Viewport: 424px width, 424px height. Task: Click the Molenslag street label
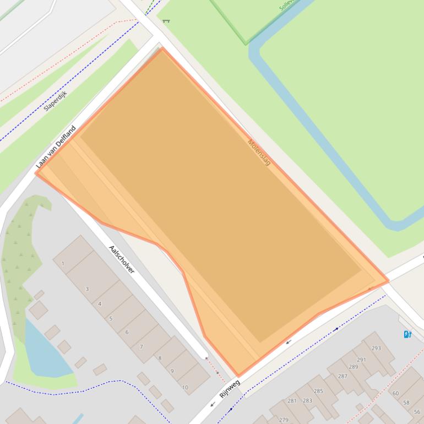pos(259,153)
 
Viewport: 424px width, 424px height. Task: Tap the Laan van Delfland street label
pos(56,147)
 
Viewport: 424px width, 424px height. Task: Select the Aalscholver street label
pos(122,259)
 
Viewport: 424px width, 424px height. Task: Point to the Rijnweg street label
pos(230,389)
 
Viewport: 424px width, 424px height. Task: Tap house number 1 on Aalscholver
pos(63,264)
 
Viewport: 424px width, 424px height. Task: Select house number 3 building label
pos(87,289)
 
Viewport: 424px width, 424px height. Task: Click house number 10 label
pos(185,388)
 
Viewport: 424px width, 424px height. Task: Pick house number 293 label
pos(376,348)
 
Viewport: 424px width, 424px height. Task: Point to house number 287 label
pos(343,376)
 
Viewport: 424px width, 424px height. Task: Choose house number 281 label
pos(292,401)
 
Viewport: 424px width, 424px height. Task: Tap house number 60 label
pos(395,393)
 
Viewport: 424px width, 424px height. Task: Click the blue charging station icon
pos(407,334)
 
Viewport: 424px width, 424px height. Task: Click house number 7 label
pos(142,346)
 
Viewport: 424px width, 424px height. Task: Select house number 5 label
pos(111,318)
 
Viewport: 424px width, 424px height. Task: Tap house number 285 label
pos(318,392)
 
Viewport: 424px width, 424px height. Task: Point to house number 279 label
pos(284,420)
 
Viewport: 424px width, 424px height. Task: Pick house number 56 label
pos(416,412)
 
